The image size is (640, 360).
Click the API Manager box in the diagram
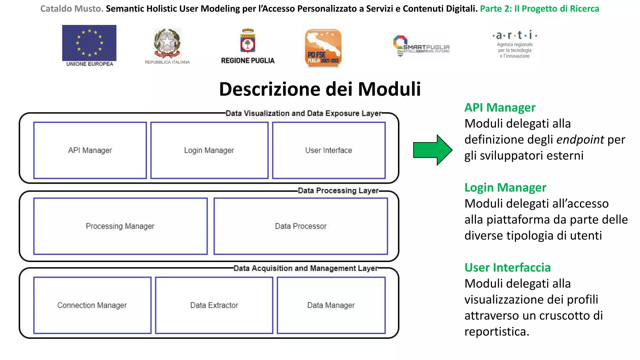90,150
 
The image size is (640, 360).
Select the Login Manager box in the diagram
209,150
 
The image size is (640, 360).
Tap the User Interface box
328,150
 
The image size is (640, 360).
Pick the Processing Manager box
120,226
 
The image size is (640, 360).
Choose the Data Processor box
301,226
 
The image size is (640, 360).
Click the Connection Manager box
92,305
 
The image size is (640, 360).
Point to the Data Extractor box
214,305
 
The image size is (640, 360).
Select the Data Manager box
331,305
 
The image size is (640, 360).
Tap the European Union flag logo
89,43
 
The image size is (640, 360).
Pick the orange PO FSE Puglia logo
323,48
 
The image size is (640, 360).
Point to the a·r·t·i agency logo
515,44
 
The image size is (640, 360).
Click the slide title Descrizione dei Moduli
320,89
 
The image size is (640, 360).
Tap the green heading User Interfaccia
507,267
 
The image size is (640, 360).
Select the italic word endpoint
580,139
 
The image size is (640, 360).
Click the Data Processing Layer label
338,191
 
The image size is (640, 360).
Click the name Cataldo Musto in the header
72,9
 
